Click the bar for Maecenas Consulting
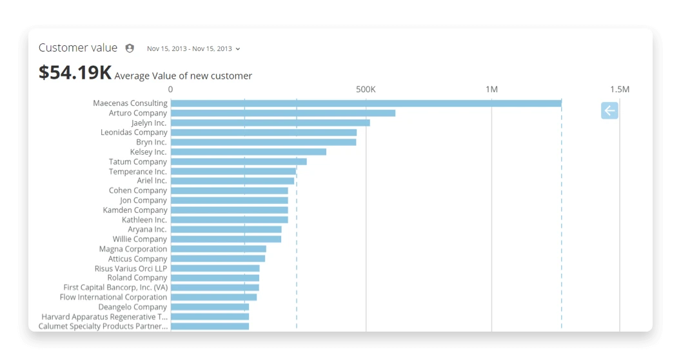366,103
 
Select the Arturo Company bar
282,113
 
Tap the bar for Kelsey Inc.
248,152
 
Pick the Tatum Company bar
239,161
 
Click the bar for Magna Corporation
218,249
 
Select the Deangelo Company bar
210,307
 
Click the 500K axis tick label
366,89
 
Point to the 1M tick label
491,89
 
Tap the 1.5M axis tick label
619,89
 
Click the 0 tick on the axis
170,89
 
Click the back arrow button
609,111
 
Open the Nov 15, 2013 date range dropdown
193,48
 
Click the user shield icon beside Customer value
130,48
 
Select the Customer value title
78,48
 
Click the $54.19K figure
75,72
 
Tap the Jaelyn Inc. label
149,123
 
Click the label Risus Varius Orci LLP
131,268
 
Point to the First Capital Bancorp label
115,288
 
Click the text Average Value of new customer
183,75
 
